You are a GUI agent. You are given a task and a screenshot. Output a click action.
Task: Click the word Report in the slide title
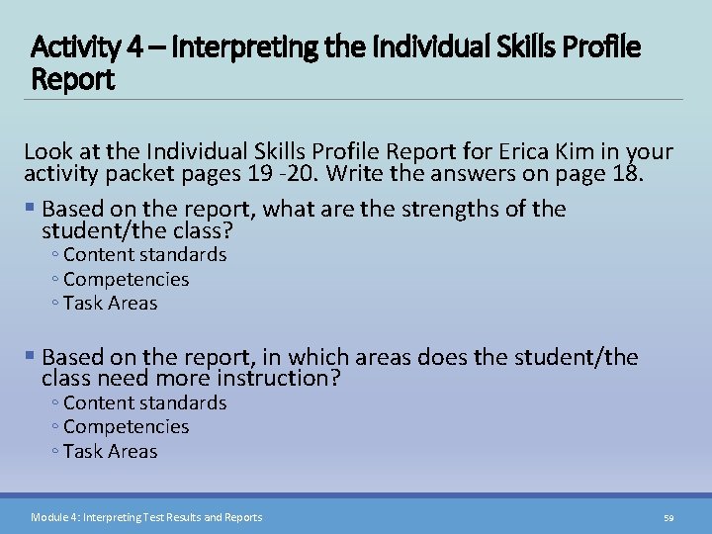tap(74, 78)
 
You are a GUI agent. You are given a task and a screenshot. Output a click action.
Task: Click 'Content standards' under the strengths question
tap(144, 255)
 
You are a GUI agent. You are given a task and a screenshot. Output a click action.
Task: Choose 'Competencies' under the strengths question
tap(126, 279)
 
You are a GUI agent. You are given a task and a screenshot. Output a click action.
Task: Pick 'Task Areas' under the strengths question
tap(110, 304)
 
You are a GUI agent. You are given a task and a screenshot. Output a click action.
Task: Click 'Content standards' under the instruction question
tap(144, 402)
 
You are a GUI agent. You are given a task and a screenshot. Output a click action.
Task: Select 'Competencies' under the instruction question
tap(126, 427)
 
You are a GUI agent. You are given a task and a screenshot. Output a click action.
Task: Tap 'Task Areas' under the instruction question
tap(110, 452)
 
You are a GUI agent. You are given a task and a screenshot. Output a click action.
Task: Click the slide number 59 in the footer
tap(668, 517)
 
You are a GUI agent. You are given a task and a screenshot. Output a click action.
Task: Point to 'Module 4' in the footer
tap(53, 517)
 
